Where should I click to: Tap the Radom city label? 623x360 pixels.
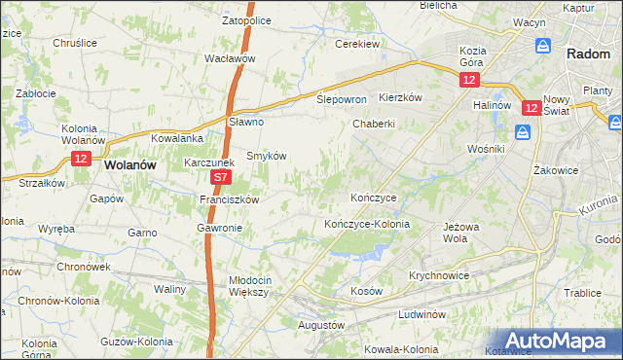[x=588, y=55]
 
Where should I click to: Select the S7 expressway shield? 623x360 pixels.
[x=221, y=178]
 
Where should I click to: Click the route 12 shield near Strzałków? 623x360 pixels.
[x=81, y=159]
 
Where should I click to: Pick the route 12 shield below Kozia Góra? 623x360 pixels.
[x=471, y=81]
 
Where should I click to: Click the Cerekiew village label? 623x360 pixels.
[x=356, y=45]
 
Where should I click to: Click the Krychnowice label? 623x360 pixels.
[x=439, y=275]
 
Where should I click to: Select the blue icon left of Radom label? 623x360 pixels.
[x=543, y=46]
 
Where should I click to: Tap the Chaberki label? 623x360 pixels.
[x=373, y=124]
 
